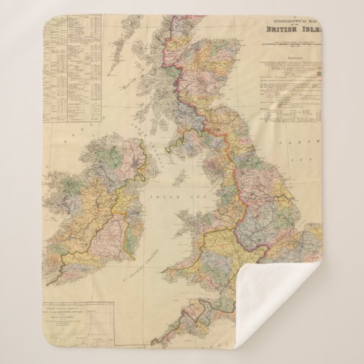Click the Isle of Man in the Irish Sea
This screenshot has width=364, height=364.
[x=180, y=179]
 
